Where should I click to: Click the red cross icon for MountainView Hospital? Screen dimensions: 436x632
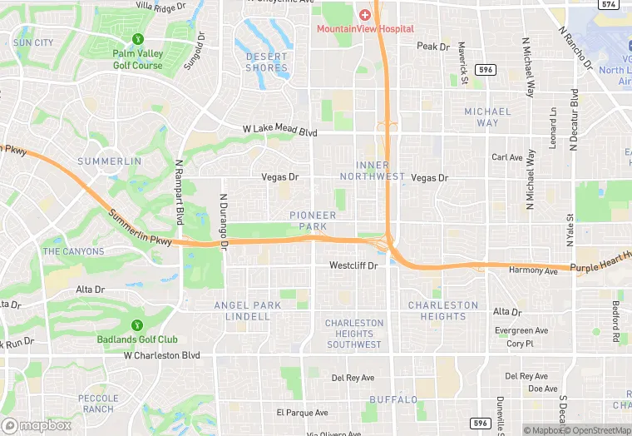click(x=364, y=15)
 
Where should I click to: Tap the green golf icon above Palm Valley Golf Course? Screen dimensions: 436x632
click(x=137, y=38)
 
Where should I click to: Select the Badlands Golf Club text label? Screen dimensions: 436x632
click(x=137, y=339)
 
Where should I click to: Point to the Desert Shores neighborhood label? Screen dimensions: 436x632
click(x=267, y=62)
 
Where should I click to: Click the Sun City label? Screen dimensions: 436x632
click(x=33, y=42)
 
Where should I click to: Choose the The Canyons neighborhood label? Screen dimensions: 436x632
click(x=73, y=251)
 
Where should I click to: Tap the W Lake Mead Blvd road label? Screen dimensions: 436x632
click(x=280, y=131)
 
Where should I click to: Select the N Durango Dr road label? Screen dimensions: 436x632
click(x=223, y=220)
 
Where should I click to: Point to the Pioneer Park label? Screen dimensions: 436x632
click(x=313, y=220)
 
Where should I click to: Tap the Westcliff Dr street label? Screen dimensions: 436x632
click(x=353, y=266)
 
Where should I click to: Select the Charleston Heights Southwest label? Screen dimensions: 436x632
click(x=354, y=334)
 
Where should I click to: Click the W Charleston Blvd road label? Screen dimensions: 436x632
click(x=162, y=355)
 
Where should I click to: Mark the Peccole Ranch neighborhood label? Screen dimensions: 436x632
click(x=98, y=404)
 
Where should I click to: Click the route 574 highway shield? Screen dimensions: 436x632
click(x=609, y=4)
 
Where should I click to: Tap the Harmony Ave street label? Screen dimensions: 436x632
click(x=533, y=270)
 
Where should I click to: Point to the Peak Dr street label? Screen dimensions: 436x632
click(x=432, y=47)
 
